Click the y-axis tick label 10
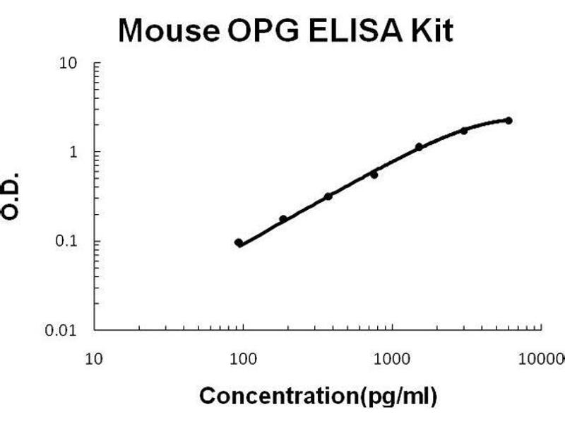[x=69, y=64]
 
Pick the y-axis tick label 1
[x=73, y=152]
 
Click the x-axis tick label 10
[x=94, y=358]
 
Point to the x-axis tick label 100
[x=244, y=358]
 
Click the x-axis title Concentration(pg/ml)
[x=319, y=395]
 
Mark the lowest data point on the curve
[x=239, y=243]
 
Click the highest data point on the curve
[x=509, y=121]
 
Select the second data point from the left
[x=283, y=219]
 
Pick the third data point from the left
[x=328, y=196]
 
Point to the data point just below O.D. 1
[x=374, y=174]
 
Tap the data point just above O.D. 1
[x=419, y=147]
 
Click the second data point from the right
[x=464, y=131]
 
